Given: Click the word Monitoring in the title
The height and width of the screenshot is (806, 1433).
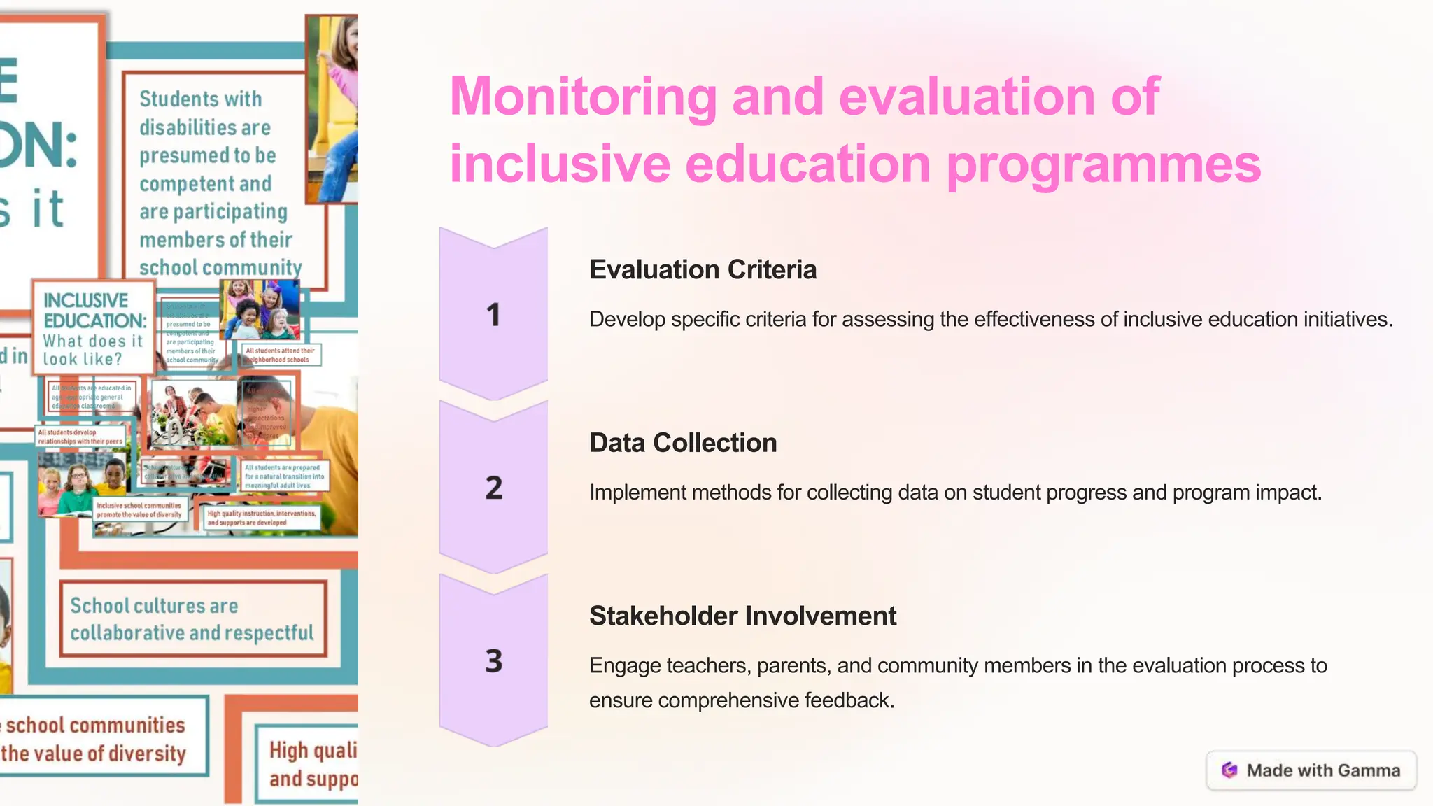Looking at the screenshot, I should pyautogui.click(x=583, y=97).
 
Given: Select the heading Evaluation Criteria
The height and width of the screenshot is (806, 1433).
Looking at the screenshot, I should pyautogui.click(x=703, y=269).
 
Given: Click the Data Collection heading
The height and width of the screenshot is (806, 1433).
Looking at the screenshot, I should pyautogui.click(x=683, y=443).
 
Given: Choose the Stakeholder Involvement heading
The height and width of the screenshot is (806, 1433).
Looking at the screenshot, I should pyautogui.click(x=742, y=616).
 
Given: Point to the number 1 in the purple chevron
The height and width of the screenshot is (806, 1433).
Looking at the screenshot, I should pyautogui.click(x=493, y=315).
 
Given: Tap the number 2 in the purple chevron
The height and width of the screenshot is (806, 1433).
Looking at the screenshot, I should pyautogui.click(x=493, y=488).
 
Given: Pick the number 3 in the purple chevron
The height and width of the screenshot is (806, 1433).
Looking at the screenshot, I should pyautogui.click(x=493, y=660).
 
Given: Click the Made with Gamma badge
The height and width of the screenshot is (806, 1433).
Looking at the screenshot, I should pyautogui.click(x=1311, y=770).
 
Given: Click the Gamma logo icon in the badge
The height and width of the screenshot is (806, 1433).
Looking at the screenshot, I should pyautogui.click(x=1229, y=770).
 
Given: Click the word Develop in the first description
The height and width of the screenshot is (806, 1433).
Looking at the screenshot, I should pyautogui.click(x=626, y=319).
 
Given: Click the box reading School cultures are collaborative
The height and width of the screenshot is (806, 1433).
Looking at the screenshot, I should pyautogui.click(x=192, y=619).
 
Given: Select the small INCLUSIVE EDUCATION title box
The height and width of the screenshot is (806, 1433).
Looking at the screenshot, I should pyautogui.click(x=93, y=328).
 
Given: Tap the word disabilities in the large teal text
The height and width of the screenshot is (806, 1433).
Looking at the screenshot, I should pyautogui.click(x=204, y=127).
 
